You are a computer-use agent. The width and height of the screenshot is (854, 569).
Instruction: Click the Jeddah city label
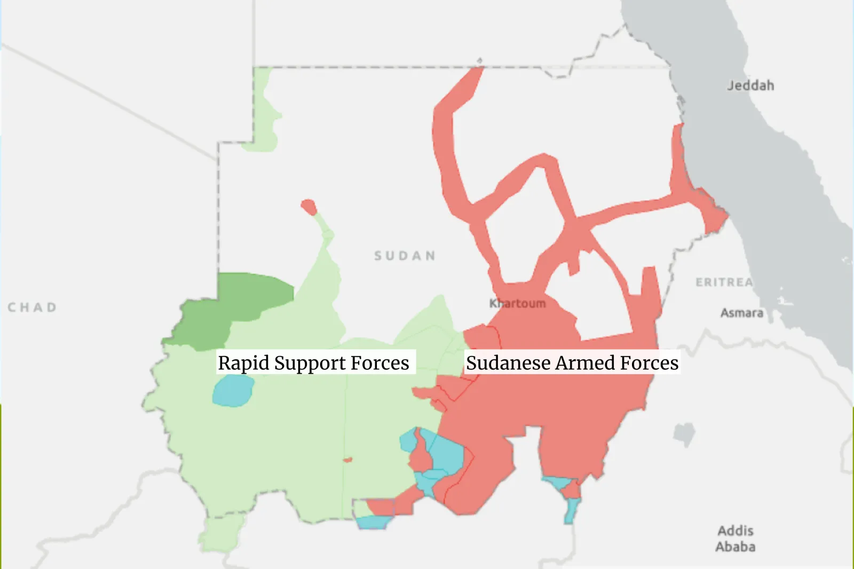pyautogui.click(x=750, y=85)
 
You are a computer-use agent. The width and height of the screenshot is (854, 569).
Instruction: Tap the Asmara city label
pyautogui.click(x=741, y=313)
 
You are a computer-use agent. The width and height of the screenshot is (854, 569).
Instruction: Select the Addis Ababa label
pyautogui.click(x=735, y=539)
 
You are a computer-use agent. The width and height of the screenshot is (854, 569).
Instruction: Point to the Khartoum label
pyautogui.click(x=517, y=303)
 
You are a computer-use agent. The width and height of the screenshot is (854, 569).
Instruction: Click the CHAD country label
pyautogui.click(x=32, y=307)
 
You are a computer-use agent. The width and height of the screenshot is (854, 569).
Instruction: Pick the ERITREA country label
pyautogui.click(x=724, y=282)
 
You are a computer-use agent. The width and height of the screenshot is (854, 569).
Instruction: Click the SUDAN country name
pyautogui.click(x=405, y=256)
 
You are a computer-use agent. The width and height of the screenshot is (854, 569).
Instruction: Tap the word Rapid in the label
pyautogui.click(x=243, y=363)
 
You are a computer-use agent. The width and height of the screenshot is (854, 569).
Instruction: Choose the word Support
pyautogui.click(x=310, y=363)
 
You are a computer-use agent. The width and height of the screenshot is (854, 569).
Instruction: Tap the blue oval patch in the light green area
pyautogui.click(x=233, y=391)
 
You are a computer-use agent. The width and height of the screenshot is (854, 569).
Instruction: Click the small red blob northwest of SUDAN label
pyautogui.click(x=309, y=207)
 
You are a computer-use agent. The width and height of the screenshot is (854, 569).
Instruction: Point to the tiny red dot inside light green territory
pyautogui.click(x=347, y=460)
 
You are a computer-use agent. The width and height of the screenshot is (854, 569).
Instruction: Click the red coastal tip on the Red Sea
pyautogui.click(x=715, y=216)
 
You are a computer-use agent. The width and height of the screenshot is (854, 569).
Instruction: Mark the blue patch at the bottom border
pyautogui.click(x=372, y=522)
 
